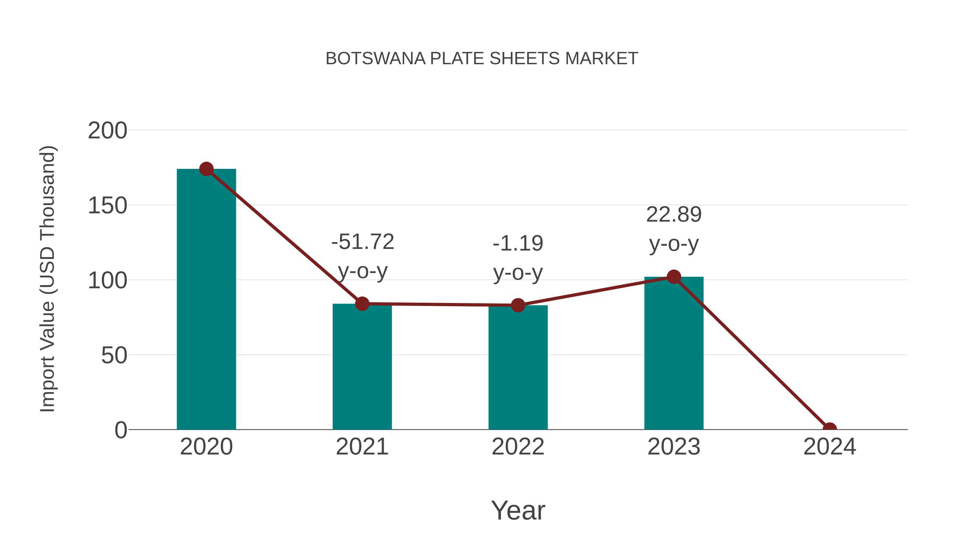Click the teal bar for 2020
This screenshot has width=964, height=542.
206,299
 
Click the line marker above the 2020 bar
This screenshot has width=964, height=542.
206,169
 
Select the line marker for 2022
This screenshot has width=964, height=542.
518,305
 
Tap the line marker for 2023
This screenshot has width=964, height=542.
674,277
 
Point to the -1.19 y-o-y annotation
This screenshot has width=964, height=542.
518,258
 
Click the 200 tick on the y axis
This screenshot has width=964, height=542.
107,131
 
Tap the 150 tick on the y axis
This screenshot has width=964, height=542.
107,206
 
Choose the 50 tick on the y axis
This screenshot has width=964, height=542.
114,355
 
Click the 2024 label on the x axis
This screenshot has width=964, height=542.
830,447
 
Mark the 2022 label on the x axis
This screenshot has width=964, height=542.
518,447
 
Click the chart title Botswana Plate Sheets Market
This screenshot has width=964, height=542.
482,59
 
